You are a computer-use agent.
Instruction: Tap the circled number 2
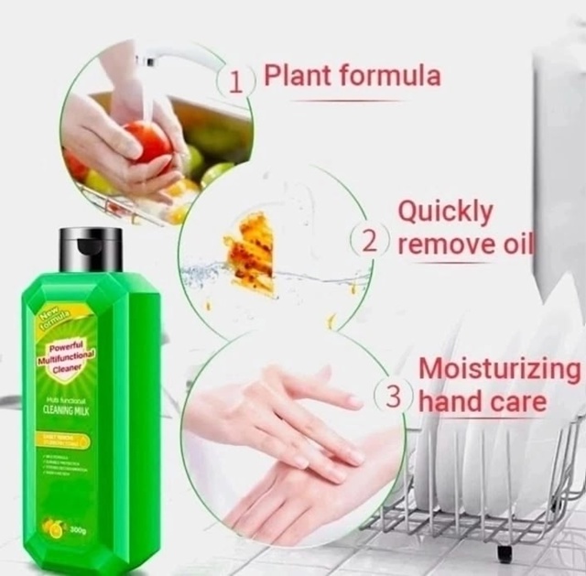pos(369,243)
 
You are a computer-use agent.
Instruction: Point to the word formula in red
pos(388,76)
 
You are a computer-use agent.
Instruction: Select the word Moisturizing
pos(499,369)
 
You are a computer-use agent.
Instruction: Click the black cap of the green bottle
pos(91,248)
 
